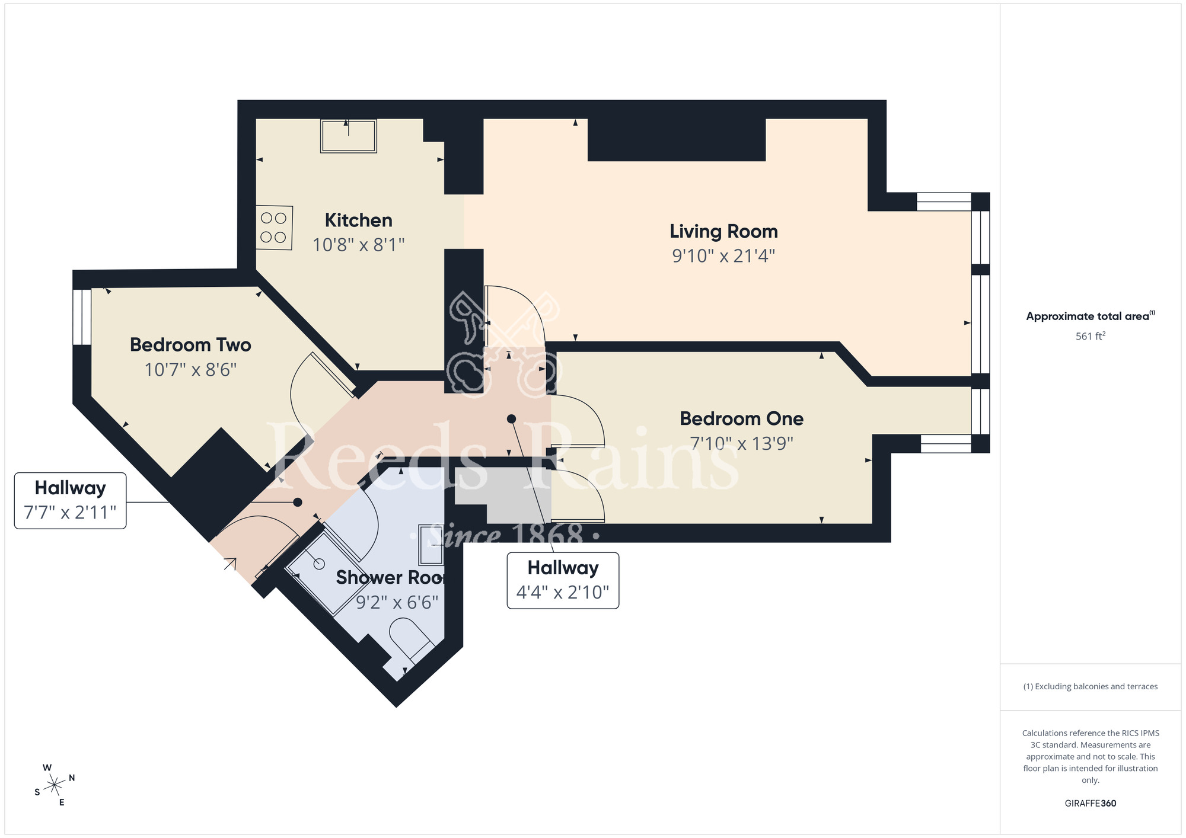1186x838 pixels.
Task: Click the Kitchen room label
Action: pyautogui.click(x=358, y=220)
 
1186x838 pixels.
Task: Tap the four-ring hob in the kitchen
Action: pyautogui.click(x=274, y=227)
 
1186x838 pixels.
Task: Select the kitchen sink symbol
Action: pyautogui.click(x=348, y=136)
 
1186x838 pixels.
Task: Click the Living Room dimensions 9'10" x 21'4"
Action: pyautogui.click(x=723, y=256)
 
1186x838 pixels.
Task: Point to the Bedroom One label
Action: pyautogui.click(x=741, y=418)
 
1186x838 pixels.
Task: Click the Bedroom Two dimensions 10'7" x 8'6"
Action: pyautogui.click(x=190, y=370)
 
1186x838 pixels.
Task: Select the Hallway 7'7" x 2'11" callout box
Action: pyautogui.click(x=70, y=500)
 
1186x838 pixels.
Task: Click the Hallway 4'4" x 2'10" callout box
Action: pyautogui.click(x=562, y=580)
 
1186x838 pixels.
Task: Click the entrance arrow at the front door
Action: pyautogui.click(x=230, y=564)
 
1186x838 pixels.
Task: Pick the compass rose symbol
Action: pyautogui.click(x=55, y=785)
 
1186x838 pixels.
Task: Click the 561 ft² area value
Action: pyautogui.click(x=1090, y=336)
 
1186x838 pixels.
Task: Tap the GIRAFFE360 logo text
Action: pyautogui.click(x=1090, y=804)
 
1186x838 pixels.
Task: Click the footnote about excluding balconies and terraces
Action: pyautogui.click(x=1090, y=686)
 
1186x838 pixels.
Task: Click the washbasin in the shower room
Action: pyautogui.click(x=431, y=545)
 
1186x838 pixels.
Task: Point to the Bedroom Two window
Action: pyautogui.click(x=82, y=317)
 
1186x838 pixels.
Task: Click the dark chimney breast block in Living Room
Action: pyautogui.click(x=676, y=140)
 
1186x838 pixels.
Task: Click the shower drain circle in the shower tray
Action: pyautogui.click(x=319, y=564)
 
